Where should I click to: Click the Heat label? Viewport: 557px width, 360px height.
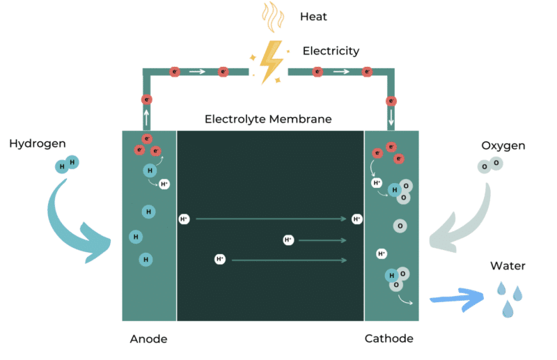(x=313, y=16)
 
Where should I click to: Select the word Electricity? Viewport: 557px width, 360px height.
(x=331, y=51)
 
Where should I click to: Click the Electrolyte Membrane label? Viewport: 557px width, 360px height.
(x=268, y=119)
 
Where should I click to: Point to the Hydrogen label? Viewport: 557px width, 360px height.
(x=38, y=143)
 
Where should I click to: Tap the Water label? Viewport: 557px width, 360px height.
(x=508, y=265)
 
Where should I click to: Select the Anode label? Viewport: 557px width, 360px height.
(x=148, y=339)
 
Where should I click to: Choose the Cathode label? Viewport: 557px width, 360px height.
(x=389, y=339)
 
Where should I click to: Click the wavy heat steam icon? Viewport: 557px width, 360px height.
(x=272, y=17)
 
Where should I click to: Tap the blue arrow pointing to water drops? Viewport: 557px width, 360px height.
(x=457, y=298)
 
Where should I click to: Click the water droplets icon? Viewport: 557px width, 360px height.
(x=509, y=298)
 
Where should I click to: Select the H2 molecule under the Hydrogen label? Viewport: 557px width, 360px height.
(x=68, y=164)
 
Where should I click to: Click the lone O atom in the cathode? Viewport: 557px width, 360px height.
(x=400, y=226)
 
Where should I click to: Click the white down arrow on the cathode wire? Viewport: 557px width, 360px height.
(x=391, y=116)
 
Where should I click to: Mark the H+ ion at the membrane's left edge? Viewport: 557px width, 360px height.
(x=184, y=219)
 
